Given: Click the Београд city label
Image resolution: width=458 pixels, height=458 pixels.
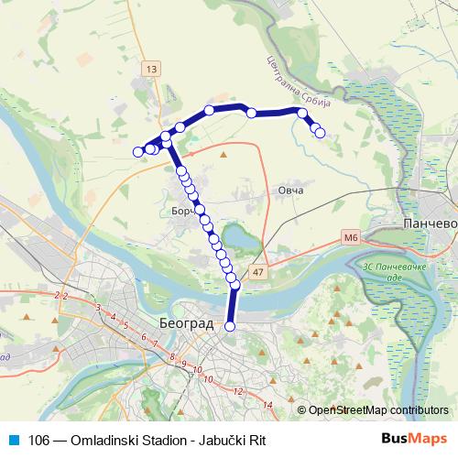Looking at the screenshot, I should click(x=185, y=324).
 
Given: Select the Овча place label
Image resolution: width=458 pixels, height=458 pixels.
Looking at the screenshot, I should click(x=290, y=191).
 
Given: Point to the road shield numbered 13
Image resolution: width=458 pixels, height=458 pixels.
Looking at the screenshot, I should click(x=151, y=68).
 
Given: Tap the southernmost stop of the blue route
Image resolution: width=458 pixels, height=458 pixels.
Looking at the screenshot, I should click(x=230, y=326).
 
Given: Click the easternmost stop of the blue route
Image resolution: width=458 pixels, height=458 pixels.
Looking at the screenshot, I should click(x=320, y=133).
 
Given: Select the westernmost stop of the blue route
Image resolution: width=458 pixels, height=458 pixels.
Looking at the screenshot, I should click(x=138, y=152).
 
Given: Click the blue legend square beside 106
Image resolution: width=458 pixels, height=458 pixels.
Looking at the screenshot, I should click(x=13, y=439).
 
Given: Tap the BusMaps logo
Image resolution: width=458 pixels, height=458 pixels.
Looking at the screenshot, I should click(x=415, y=439).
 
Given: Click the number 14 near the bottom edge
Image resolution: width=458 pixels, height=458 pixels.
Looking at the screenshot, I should click(x=268, y=404).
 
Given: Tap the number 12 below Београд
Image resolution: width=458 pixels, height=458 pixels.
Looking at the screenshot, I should click(x=238, y=391).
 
